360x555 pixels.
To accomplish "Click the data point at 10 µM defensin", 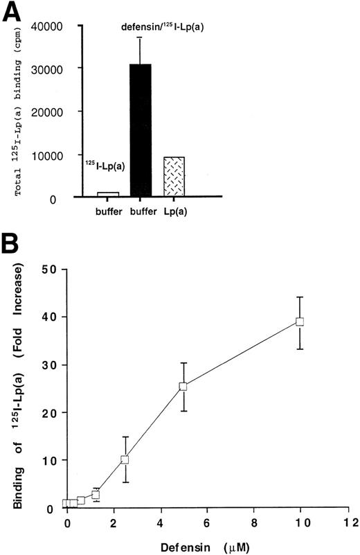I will pyautogui.click(x=300, y=321).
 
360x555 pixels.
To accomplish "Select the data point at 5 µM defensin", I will pyautogui.click(x=183, y=387).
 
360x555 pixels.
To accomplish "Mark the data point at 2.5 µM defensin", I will pyautogui.click(x=125, y=459).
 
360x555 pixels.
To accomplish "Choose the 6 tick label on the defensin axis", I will pyautogui.click(x=207, y=521).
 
